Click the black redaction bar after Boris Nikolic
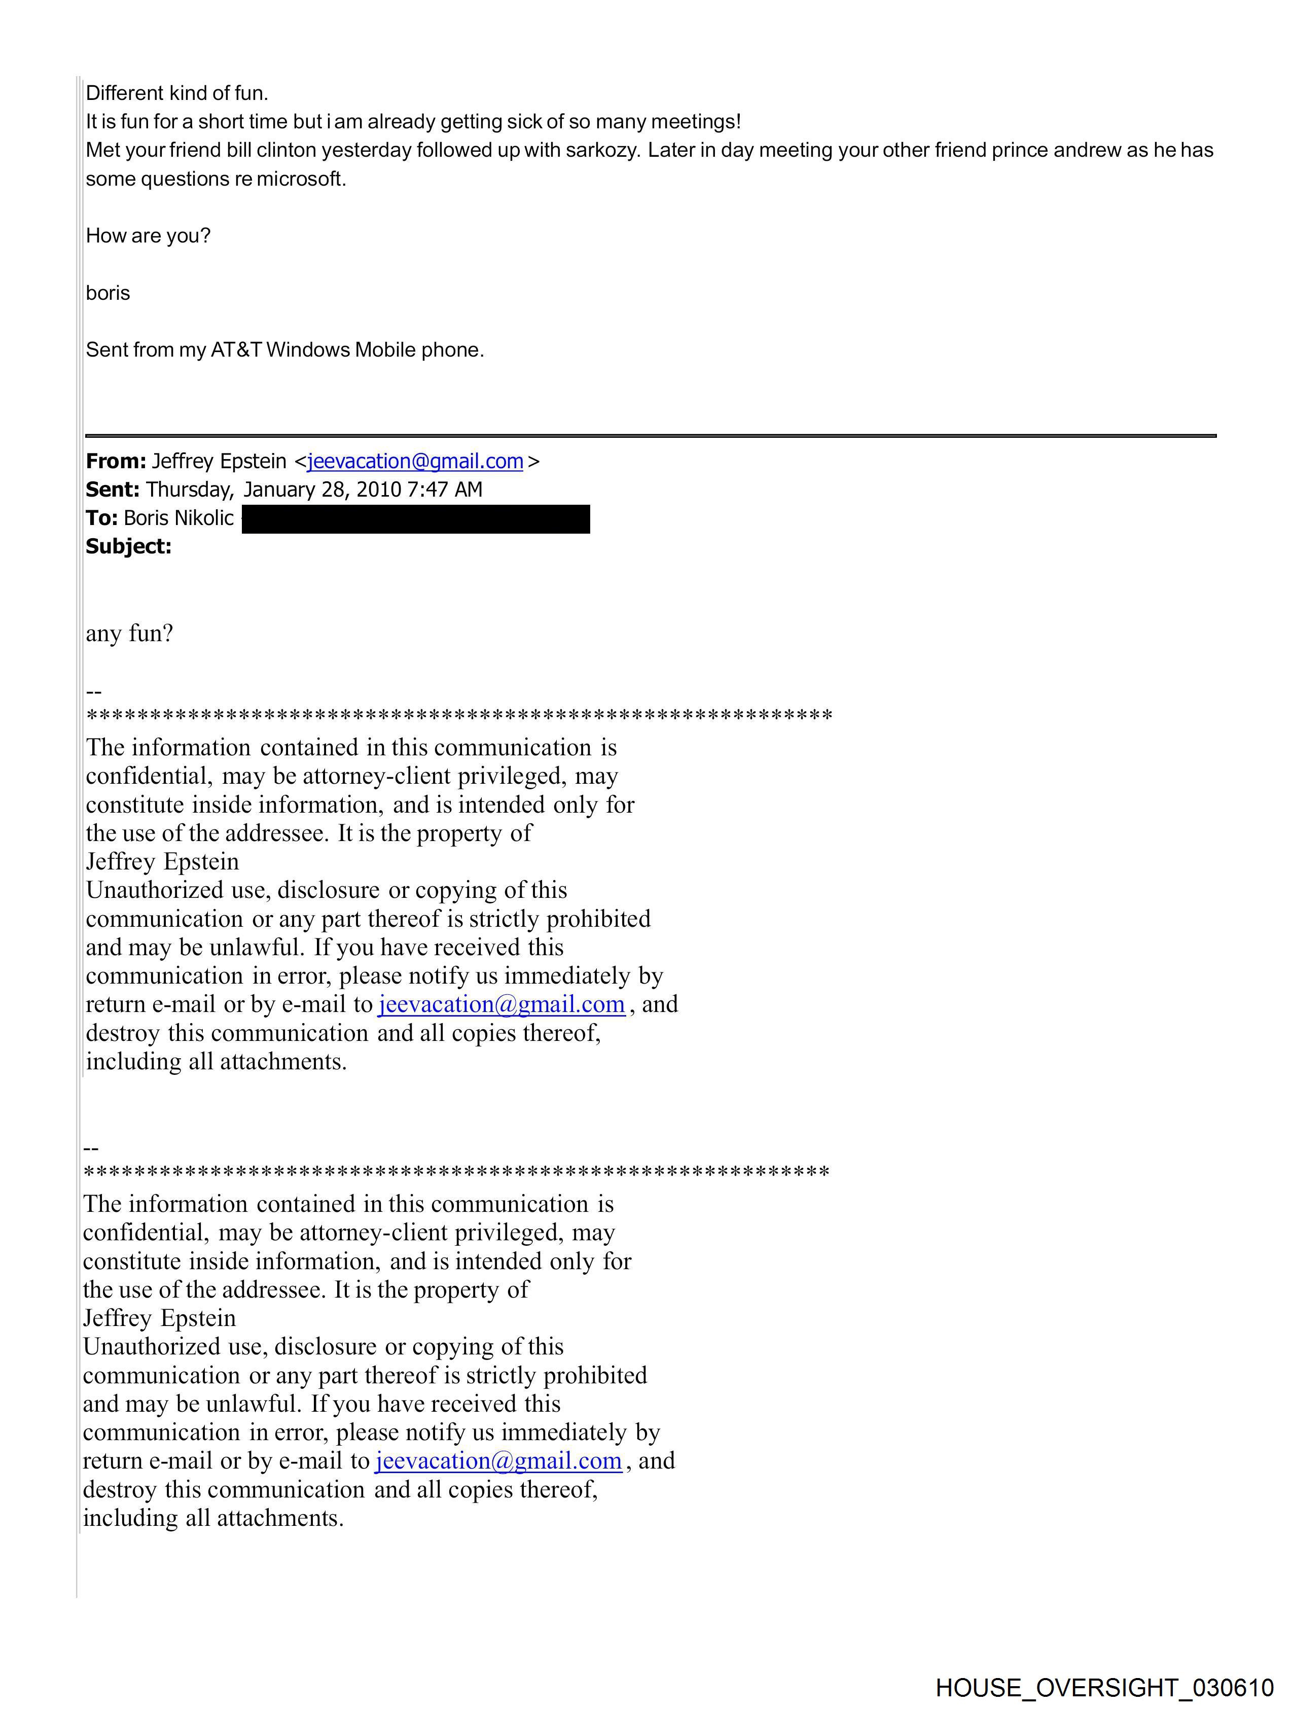[x=416, y=519]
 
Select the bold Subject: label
[x=128, y=546]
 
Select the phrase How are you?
[x=148, y=236]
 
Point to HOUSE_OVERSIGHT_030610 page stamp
[x=1104, y=1687]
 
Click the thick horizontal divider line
[x=651, y=436]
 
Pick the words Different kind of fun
[x=177, y=93]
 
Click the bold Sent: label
[x=113, y=490]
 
